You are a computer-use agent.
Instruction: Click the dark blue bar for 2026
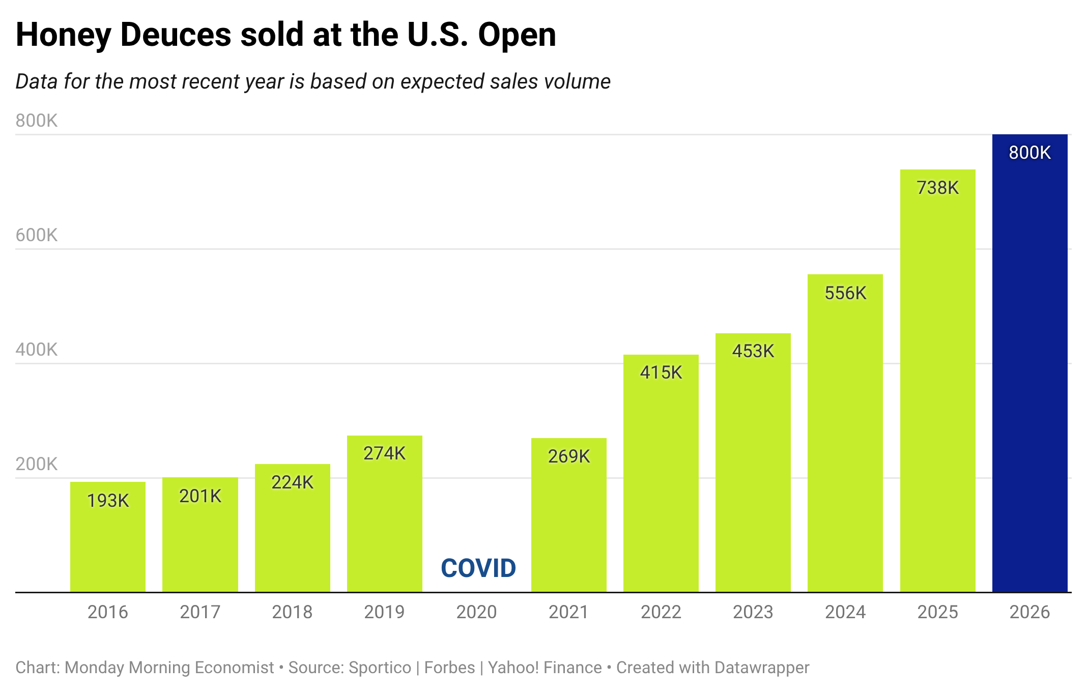pos(1029,363)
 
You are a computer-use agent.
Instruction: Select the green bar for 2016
pos(108,537)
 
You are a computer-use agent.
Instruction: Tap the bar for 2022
pos(661,473)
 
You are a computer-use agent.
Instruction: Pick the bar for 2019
pos(385,514)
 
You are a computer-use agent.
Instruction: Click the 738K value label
pos(937,188)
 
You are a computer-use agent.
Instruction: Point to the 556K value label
pos(845,293)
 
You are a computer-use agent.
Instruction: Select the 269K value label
pos(568,456)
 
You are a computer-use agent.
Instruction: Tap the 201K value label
pos(200,496)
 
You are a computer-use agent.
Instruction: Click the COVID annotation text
pos(478,568)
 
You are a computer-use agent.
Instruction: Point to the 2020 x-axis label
pos(476,612)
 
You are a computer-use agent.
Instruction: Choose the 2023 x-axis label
pos(753,612)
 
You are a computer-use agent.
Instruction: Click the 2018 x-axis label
pos(292,612)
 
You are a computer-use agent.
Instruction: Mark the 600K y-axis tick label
pos(37,235)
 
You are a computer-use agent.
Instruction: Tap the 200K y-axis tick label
pos(37,464)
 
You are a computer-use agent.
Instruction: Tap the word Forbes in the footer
pos(450,668)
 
